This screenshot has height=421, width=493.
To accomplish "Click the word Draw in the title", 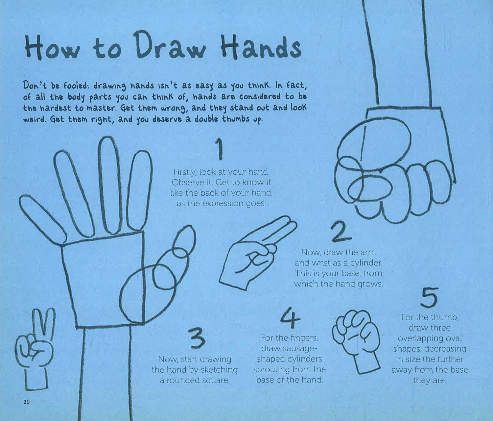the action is tap(170, 45).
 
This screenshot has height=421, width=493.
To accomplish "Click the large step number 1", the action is tap(219, 149).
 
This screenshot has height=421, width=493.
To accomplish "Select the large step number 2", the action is tap(341, 232).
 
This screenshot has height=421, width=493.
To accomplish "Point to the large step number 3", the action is tap(196, 338).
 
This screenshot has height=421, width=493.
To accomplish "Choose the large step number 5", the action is tap(429, 297).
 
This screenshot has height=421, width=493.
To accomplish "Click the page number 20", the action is tap(27, 402).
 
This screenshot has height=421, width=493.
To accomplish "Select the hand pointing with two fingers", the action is tap(258, 253).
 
